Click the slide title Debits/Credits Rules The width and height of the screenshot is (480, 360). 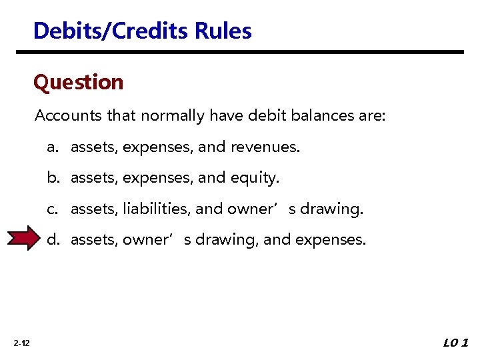point(142,31)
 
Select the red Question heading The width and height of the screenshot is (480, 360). point(79,82)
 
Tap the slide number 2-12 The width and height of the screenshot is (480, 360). point(21,343)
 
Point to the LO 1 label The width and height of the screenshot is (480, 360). point(456,343)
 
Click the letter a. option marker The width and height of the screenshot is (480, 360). point(52,147)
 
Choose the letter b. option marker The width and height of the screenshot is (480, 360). point(52,178)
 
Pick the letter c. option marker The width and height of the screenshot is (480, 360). point(52,209)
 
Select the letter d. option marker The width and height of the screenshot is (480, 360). point(52,239)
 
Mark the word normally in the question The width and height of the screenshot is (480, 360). point(172,116)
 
